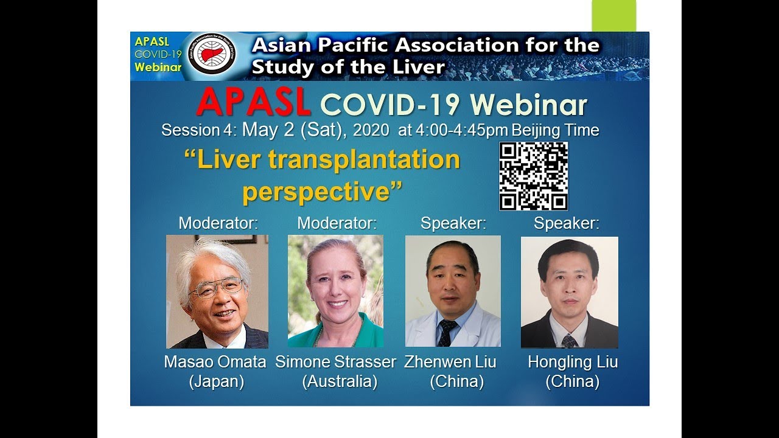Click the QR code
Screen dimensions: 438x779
point(533,176)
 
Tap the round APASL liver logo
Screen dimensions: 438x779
point(212,55)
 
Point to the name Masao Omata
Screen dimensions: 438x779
point(215,362)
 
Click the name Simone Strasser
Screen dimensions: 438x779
point(335,362)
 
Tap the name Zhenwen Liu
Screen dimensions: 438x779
point(450,362)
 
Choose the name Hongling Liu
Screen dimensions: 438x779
point(572,362)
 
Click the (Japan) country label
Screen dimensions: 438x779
point(216,382)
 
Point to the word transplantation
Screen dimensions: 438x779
point(364,159)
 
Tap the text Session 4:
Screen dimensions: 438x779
point(200,131)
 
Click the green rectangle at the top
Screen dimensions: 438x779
point(613,15)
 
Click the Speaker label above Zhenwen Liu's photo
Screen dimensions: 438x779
point(453,223)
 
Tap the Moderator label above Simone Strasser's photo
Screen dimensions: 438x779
point(337,223)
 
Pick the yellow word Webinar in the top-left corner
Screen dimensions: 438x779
point(158,68)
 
